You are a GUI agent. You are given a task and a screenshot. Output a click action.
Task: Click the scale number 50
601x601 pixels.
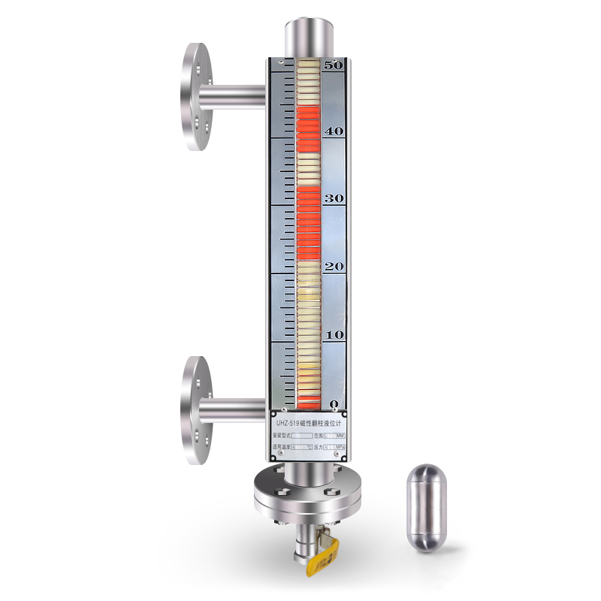[x=333, y=65]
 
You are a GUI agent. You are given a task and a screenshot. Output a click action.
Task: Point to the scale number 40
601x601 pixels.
[x=333, y=131]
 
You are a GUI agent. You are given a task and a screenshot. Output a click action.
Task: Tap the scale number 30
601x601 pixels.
[x=333, y=198]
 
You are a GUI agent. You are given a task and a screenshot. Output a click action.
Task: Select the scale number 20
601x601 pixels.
[x=333, y=267]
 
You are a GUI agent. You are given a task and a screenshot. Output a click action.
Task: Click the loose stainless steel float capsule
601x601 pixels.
[x=426, y=507]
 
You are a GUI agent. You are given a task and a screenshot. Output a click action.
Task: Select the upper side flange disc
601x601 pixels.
[x=196, y=97]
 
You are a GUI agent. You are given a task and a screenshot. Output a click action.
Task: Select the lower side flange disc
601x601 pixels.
[x=196, y=410]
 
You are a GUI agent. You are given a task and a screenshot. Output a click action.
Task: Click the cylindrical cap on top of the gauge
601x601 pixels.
[x=307, y=36]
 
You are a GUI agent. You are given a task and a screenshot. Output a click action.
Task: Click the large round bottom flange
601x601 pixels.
[x=307, y=497]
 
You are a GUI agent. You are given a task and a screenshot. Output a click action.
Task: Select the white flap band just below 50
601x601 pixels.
[x=307, y=83]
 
